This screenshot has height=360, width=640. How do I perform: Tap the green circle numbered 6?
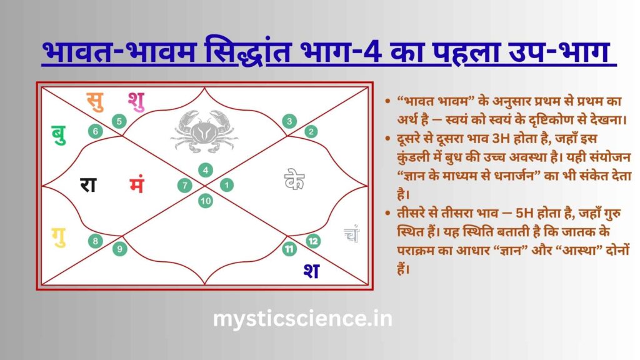(x=95, y=131)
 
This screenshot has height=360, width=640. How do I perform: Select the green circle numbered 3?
(x=289, y=121)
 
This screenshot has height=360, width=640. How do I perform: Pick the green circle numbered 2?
(x=311, y=132)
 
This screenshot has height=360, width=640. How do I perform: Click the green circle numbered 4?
(x=205, y=170)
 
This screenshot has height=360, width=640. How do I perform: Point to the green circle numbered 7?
(x=184, y=185)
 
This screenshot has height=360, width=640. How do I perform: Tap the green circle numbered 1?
(x=226, y=185)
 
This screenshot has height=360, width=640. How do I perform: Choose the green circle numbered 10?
(x=205, y=201)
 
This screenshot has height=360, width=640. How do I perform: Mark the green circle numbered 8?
(x=96, y=241)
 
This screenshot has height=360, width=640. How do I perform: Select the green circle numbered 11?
(x=289, y=250)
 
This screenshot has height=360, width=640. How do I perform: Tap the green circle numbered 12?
(x=313, y=241)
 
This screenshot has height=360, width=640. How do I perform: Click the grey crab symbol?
(x=204, y=130)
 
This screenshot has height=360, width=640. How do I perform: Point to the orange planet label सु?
(x=94, y=100)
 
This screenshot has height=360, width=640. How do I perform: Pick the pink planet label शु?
(x=136, y=100)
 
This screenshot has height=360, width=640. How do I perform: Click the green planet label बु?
(x=59, y=134)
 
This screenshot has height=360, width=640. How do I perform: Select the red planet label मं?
(x=137, y=186)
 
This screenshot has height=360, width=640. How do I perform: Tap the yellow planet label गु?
(x=59, y=237)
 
